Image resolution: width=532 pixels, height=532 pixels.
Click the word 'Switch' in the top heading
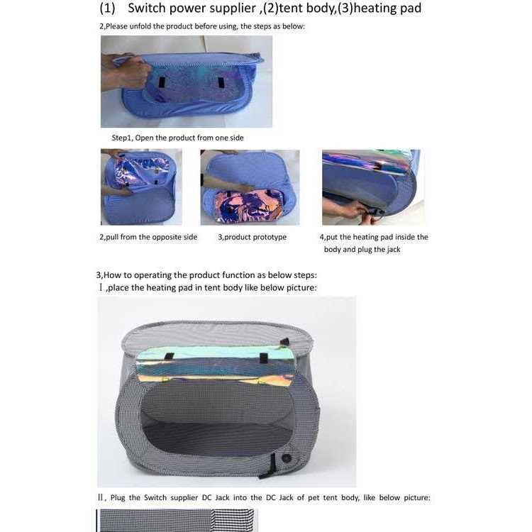coord(150,9)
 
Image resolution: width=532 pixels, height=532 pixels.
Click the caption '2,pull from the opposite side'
coord(148,237)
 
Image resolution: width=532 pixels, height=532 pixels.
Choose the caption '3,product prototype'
coord(252,237)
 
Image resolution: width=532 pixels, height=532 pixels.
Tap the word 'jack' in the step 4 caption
coord(392,250)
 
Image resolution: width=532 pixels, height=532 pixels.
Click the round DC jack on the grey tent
coord(287,458)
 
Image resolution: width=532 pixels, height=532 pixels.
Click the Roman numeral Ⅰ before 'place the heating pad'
coord(101,287)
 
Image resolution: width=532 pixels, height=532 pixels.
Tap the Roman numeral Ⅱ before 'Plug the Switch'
coord(101,497)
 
